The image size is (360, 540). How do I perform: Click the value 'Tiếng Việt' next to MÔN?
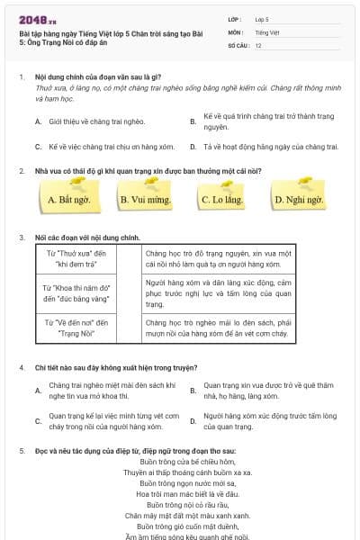[x=265, y=31]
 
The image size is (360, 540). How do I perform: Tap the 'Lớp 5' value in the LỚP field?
[x=261, y=18]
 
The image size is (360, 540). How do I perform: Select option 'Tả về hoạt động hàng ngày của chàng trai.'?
[x=270, y=146]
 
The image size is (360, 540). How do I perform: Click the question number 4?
[x=21, y=367]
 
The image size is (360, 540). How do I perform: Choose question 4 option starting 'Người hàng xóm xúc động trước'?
[x=270, y=420]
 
